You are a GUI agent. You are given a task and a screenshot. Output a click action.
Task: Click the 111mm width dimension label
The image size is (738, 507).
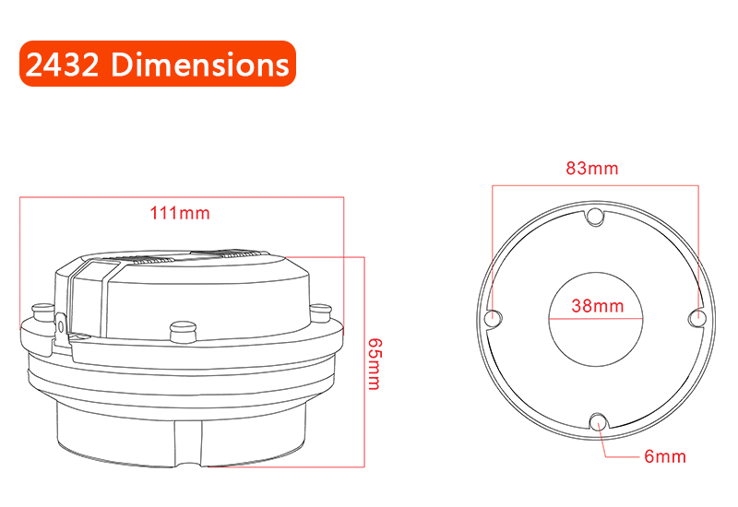[x=180, y=213]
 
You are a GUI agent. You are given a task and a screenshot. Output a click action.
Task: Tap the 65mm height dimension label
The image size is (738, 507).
[x=375, y=364]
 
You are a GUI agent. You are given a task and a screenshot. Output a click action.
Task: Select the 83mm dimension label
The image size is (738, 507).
[x=592, y=168]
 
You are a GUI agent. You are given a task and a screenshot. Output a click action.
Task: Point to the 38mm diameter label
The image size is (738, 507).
[x=598, y=306]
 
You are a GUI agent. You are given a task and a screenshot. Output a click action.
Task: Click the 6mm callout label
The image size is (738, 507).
[x=665, y=456]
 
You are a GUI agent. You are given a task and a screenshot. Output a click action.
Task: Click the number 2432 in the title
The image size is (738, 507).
[x=62, y=64]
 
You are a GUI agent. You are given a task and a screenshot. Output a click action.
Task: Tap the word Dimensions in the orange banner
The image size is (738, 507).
[x=200, y=64]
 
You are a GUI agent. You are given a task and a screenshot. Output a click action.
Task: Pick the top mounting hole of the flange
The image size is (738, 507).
[x=595, y=216]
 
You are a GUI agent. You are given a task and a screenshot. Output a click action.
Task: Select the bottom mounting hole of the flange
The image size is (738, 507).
[x=598, y=421]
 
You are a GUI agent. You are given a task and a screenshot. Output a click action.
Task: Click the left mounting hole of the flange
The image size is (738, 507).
[x=494, y=317]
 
